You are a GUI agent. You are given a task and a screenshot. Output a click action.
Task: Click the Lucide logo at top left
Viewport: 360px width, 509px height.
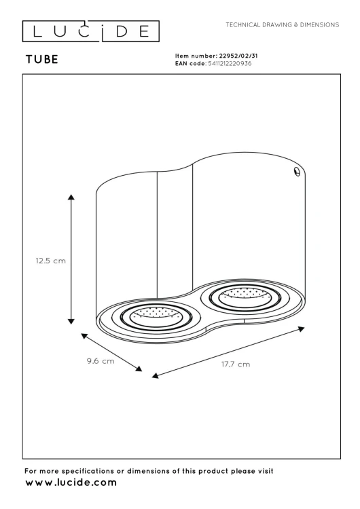(x=91, y=31)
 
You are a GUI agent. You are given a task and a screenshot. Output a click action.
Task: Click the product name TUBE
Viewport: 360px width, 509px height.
(x=41, y=60)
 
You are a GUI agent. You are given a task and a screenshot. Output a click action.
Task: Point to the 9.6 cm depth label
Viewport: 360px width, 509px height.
(x=100, y=362)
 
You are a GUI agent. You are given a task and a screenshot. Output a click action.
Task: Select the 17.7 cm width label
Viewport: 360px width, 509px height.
(x=235, y=364)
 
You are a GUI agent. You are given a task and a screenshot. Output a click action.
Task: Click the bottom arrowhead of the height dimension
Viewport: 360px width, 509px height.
(x=71, y=321)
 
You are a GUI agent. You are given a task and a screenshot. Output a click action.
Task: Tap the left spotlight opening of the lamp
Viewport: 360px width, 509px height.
(x=147, y=314)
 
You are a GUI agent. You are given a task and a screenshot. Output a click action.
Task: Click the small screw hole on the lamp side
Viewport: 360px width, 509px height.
(x=296, y=172)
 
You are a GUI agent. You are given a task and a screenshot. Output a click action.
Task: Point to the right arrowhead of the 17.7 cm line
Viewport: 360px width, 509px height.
(x=301, y=328)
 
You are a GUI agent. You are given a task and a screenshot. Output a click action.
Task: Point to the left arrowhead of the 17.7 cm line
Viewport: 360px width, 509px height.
(x=155, y=375)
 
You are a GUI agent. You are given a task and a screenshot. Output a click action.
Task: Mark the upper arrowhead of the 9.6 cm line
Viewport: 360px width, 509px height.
(x=84, y=335)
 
